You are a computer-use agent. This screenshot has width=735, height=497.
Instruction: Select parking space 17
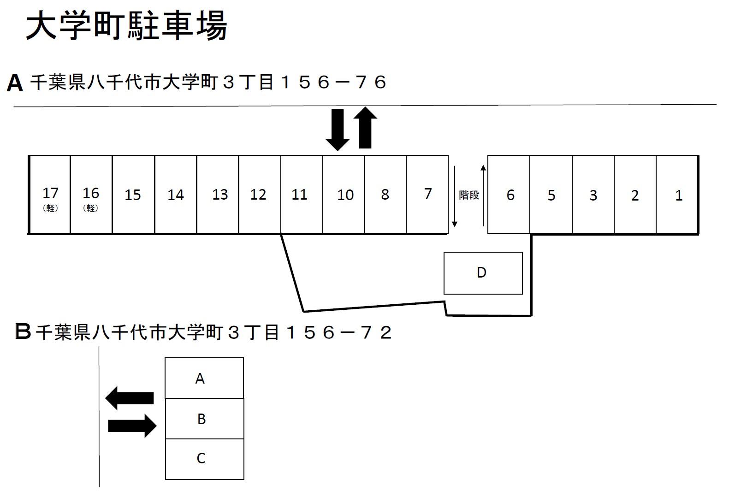(50, 195)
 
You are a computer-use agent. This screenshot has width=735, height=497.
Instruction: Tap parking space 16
(91, 195)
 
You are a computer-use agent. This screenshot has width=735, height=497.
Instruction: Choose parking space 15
(133, 195)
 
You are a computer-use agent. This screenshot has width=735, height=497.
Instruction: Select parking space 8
(385, 195)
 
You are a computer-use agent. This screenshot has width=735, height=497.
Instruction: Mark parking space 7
(427, 195)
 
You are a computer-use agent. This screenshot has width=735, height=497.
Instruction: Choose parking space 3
(593, 195)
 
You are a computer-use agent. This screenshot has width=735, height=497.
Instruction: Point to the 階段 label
(469, 195)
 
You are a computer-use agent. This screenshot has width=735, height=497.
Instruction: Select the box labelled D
(483, 273)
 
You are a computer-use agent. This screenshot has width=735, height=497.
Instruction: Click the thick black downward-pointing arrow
(338, 130)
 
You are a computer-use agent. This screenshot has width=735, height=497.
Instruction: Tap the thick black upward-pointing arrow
(365, 128)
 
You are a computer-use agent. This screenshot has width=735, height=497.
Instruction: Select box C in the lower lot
(204, 459)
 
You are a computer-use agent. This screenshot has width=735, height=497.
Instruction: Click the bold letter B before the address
(23, 331)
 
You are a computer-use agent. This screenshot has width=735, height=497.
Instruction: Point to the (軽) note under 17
(50, 208)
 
